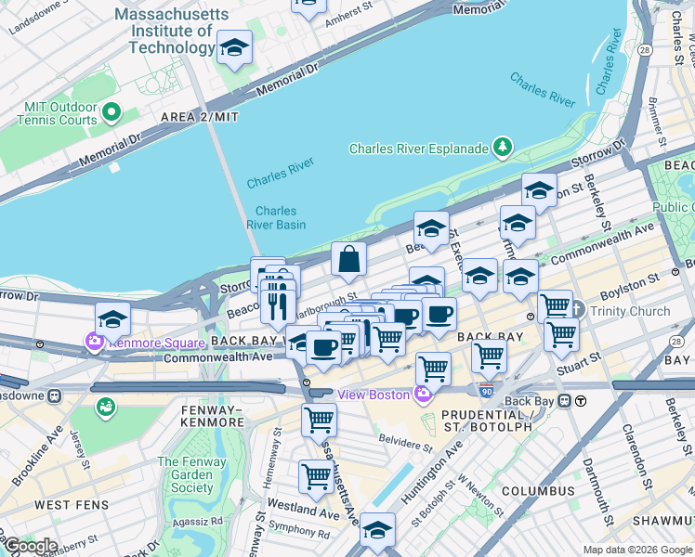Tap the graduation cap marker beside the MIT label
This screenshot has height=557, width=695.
click(234, 47)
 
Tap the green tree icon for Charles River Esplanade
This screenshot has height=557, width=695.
click(503, 148)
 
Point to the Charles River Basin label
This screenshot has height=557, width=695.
click(277, 217)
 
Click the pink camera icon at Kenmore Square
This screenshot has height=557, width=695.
click(95, 343)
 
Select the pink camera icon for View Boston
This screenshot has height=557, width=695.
click(424, 395)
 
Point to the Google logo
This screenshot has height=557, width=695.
click(30, 546)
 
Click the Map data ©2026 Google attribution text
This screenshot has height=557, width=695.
click(636, 550)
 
